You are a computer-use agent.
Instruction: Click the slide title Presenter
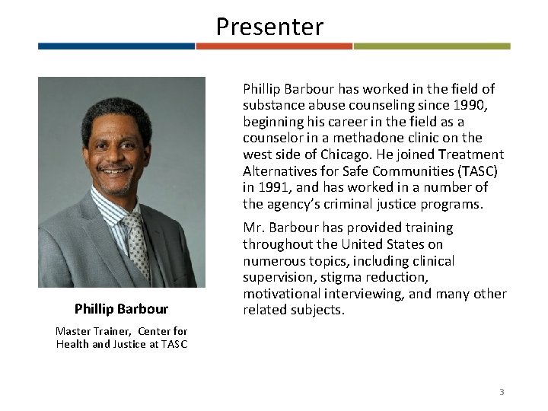pos(269,27)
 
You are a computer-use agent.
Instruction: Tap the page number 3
pos(502,391)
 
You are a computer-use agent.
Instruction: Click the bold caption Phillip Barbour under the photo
pos(122,309)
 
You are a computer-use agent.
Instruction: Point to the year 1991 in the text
pos(266,187)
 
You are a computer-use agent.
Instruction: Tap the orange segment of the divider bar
pos(274,46)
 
